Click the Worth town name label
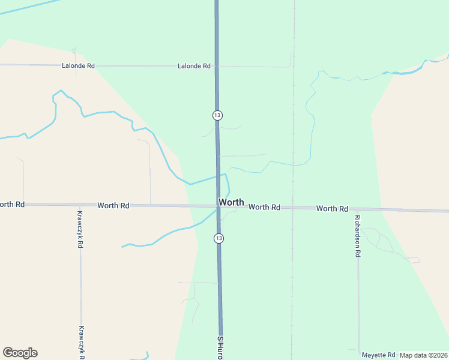tap(231, 202)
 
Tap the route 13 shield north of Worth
tap(217, 115)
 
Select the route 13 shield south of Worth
tap(218, 238)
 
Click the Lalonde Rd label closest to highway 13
tap(194, 66)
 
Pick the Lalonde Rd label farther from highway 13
tap(78, 65)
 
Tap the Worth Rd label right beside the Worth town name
tap(265, 207)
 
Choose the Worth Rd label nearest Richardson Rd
tap(332, 209)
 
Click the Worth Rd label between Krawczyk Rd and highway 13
tap(113, 205)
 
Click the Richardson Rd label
tap(357, 236)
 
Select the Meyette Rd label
tap(378, 355)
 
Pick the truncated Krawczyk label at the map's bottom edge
tap(81, 342)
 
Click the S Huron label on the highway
tap(220, 347)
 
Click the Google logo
tap(20, 353)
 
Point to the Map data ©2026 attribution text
tap(424, 355)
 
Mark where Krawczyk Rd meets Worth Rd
tap(80, 205)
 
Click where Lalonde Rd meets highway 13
tap(217, 66)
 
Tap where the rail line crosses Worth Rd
tap(293, 208)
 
